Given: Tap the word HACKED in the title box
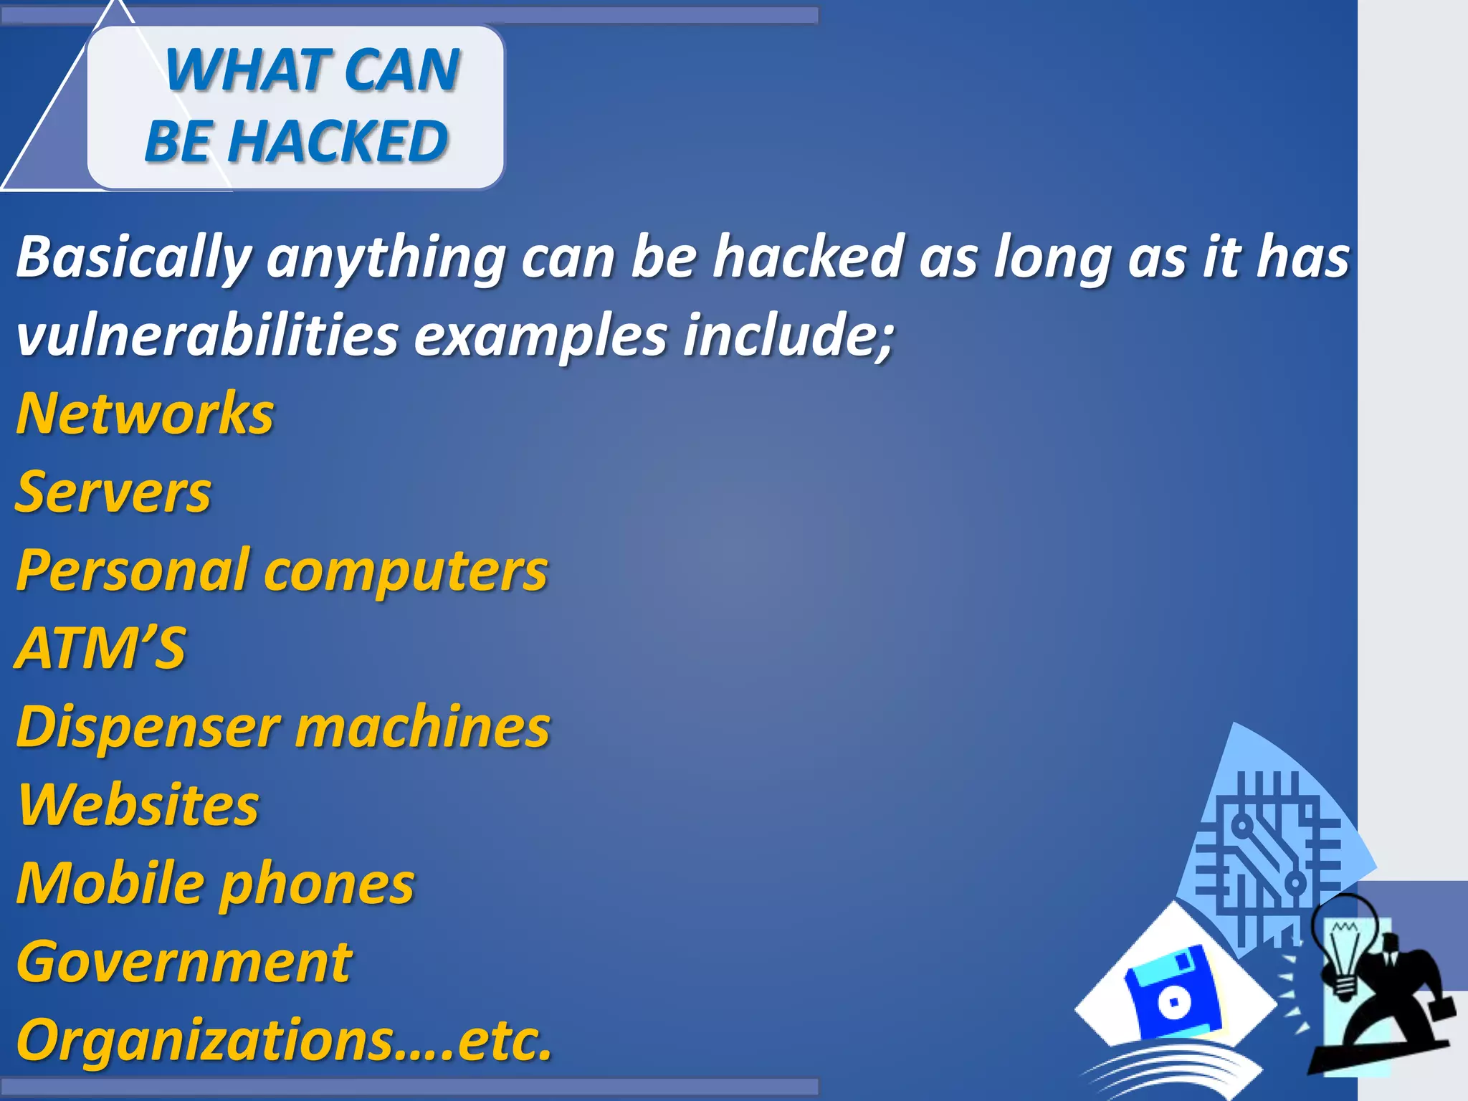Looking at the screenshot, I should click(338, 140).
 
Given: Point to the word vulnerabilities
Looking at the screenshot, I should click(206, 335).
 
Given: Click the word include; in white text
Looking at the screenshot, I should click(788, 335).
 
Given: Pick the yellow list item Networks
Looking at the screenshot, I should click(145, 414).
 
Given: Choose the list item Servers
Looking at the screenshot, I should click(113, 492).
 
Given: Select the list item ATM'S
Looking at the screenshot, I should click(100, 648).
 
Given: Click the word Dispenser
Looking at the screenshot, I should click(148, 727).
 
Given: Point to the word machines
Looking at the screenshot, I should click(423, 727).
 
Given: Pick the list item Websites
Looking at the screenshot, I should click(138, 805).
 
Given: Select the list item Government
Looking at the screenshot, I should click(183, 962).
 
